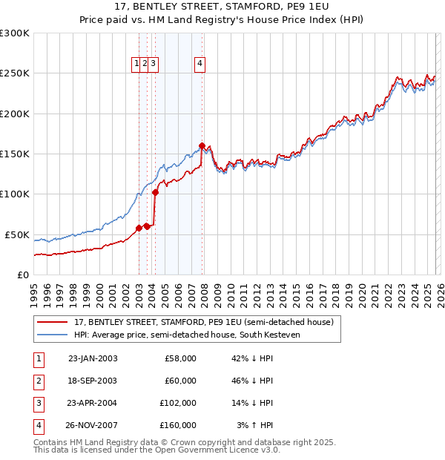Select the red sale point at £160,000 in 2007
coord(202,145)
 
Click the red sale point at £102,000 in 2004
coord(155,192)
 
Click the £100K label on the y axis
coord(15,194)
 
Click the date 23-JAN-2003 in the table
coord(93,358)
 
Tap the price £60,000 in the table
coord(180,381)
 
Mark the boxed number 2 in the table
coord(38,381)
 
